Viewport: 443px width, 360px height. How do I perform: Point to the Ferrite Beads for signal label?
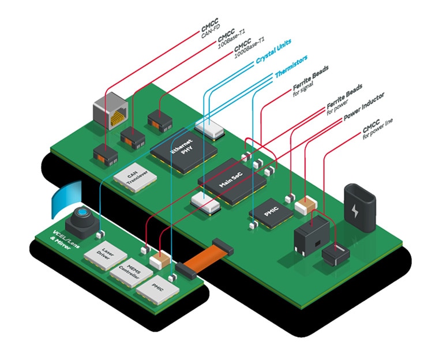[x=311, y=80]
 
